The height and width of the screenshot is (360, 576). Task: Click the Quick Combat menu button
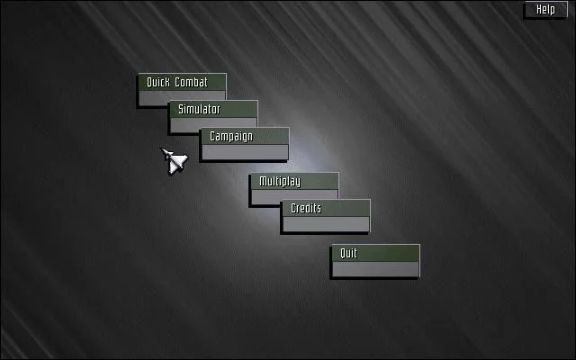(x=182, y=90)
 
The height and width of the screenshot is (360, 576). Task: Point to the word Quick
(x=158, y=82)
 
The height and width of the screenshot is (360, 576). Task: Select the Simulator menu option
(x=213, y=116)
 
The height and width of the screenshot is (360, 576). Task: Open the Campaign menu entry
(x=245, y=144)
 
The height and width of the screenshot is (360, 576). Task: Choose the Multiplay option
(x=294, y=189)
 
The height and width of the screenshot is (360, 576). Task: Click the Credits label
(x=306, y=208)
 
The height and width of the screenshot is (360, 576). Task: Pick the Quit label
(x=348, y=254)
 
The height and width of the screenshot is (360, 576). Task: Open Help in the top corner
(x=546, y=9)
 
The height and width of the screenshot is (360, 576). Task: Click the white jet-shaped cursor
(x=175, y=160)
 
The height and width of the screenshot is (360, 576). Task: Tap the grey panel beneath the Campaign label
(x=245, y=152)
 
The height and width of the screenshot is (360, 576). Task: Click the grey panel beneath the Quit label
(x=375, y=269)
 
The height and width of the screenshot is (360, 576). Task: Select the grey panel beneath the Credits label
(x=326, y=224)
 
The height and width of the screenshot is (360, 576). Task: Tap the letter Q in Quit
(x=344, y=254)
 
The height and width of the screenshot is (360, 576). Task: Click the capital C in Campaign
(x=212, y=136)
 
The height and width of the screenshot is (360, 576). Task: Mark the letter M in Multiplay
(x=264, y=181)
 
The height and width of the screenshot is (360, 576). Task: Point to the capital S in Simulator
(x=181, y=109)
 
